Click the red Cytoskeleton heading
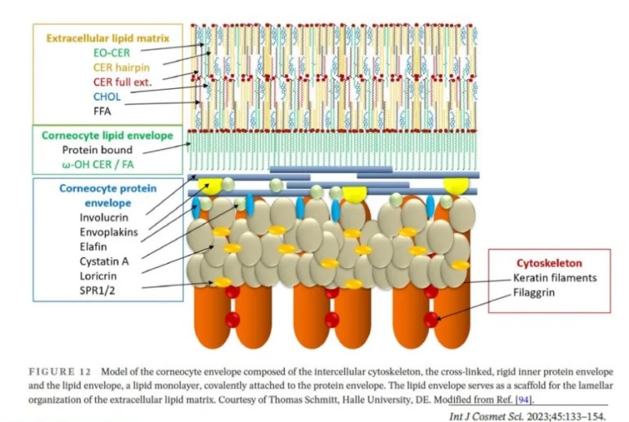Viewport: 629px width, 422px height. point(549,263)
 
